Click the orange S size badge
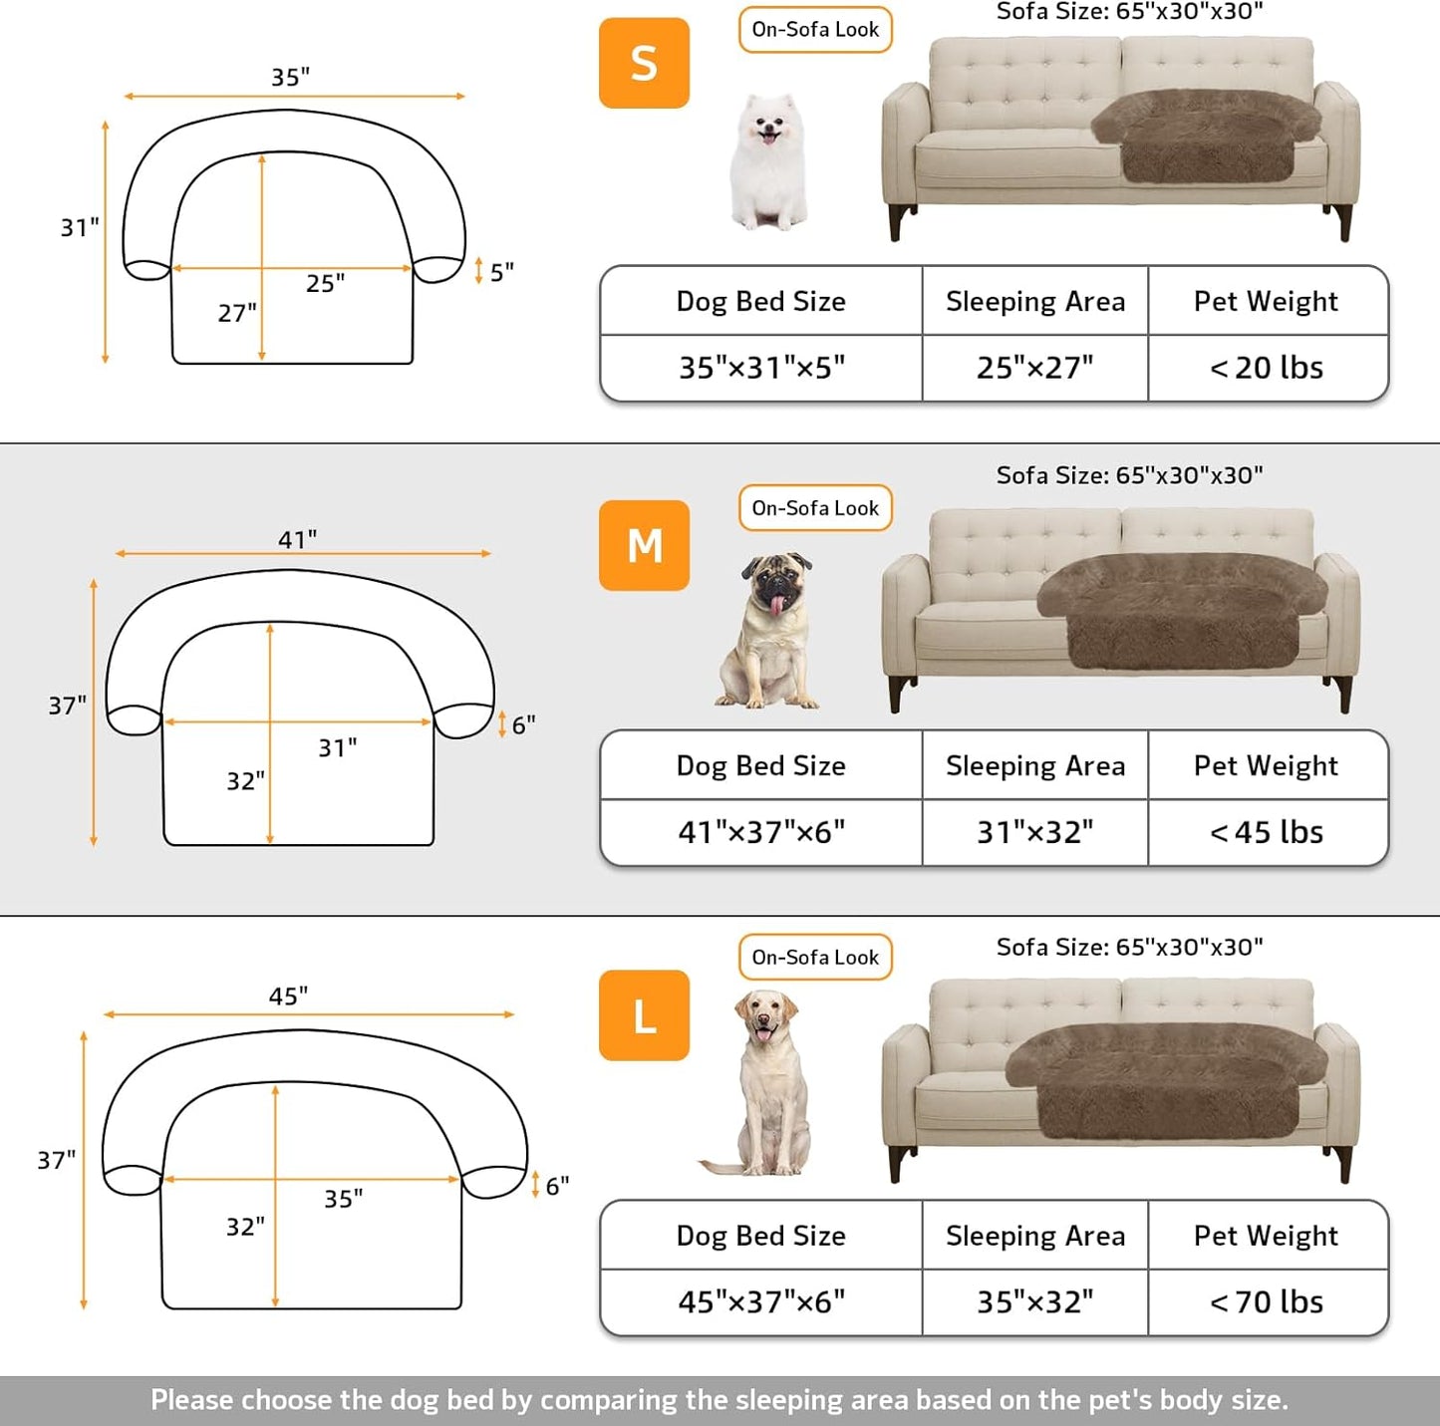click(x=644, y=63)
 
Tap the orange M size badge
click(x=644, y=545)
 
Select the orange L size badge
click(x=644, y=1015)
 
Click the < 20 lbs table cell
click(x=1267, y=368)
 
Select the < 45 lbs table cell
click(x=1267, y=832)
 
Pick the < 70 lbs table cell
click(x=1267, y=1301)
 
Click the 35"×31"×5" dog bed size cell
click(x=761, y=368)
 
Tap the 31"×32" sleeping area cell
click(x=1034, y=832)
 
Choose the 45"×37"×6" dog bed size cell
click(x=761, y=1301)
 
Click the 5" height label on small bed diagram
click(x=502, y=271)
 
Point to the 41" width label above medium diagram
click(x=297, y=539)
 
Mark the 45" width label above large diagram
click(x=288, y=997)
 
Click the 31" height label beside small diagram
click(x=80, y=227)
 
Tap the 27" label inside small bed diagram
click(x=237, y=313)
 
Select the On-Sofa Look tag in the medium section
click(x=815, y=508)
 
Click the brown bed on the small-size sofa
click(x=1206, y=134)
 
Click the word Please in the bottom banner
click(x=192, y=1400)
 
